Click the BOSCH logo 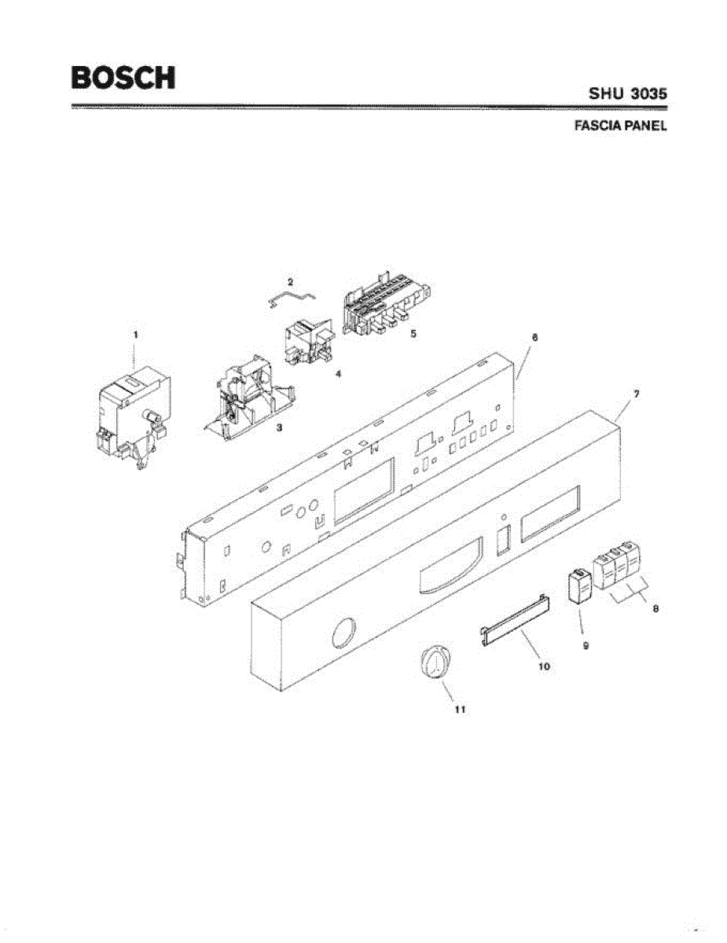tap(123, 77)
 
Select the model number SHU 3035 tap(627, 93)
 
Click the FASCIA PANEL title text tap(620, 125)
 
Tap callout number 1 tap(135, 334)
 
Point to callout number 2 tap(289, 281)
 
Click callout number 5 tap(413, 333)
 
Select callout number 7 tap(636, 391)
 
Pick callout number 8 tap(655, 608)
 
